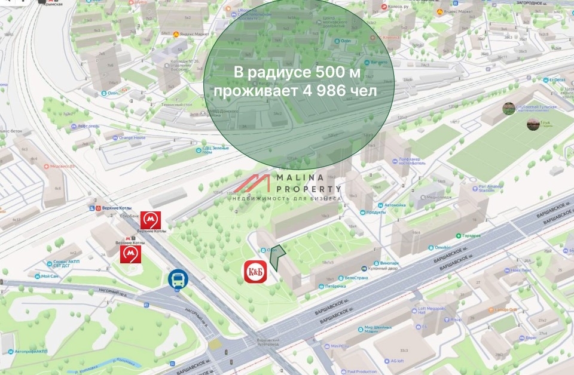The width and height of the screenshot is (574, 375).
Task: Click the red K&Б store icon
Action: (x=255, y=272)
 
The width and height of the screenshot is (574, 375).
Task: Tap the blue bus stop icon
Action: (x=178, y=279)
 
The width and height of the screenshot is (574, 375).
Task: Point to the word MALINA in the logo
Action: (x=299, y=177)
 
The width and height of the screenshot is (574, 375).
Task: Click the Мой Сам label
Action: (x=49, y=276)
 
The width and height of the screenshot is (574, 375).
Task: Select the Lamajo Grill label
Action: (x=505, y=309)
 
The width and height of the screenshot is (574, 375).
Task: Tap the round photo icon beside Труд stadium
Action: (x=533, y=124)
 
